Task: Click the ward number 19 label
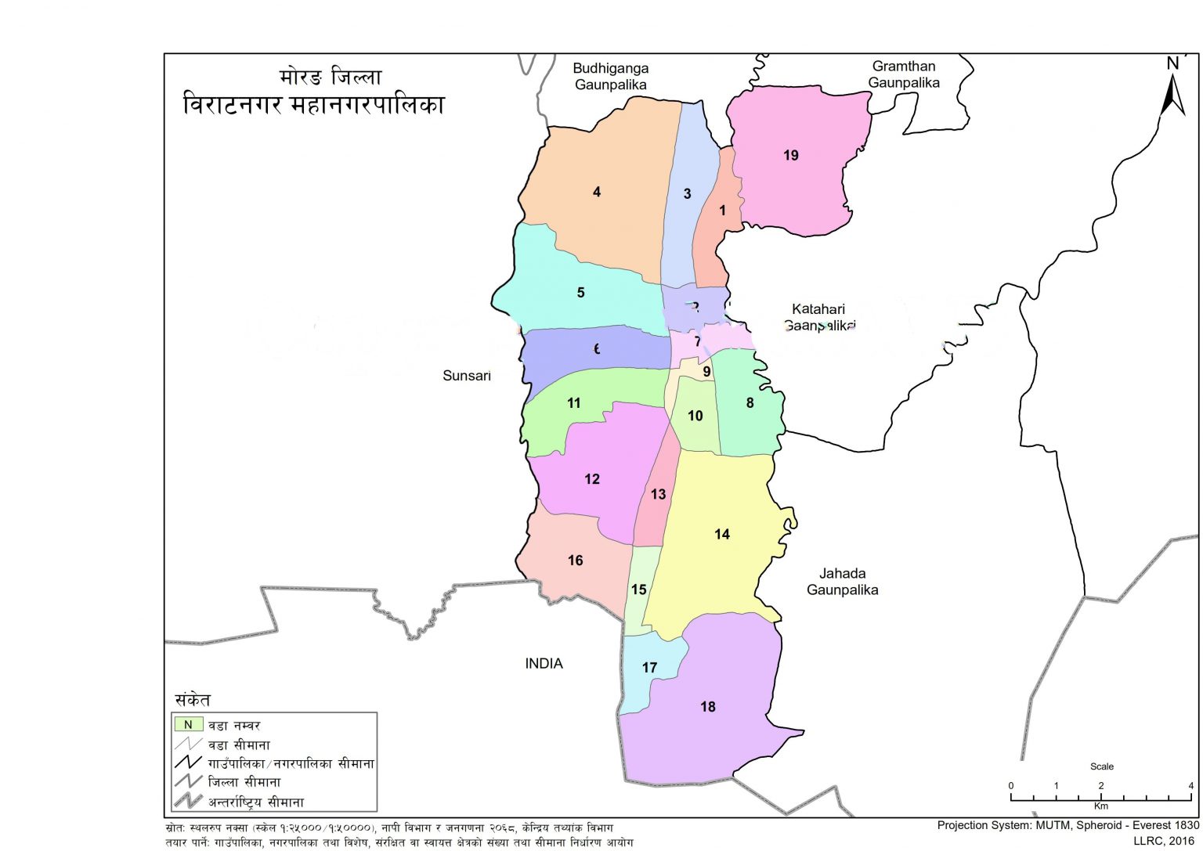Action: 790,155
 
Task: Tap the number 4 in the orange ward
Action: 597,192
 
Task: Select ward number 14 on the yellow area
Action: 721,534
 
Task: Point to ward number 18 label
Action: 708,707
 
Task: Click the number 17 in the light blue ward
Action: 649,668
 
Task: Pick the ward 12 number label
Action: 592,479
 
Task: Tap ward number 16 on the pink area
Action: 576,561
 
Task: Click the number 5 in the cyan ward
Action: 580,293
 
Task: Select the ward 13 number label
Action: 658,494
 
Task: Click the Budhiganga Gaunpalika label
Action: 611,76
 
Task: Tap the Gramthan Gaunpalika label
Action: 904,74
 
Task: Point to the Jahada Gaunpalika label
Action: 843,582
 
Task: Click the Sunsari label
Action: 467,376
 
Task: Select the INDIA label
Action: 544,664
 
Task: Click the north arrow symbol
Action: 1172,88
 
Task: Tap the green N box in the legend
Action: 188,725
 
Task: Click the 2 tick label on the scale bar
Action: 1100,786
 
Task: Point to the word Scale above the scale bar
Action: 1101,766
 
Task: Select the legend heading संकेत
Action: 193,700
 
